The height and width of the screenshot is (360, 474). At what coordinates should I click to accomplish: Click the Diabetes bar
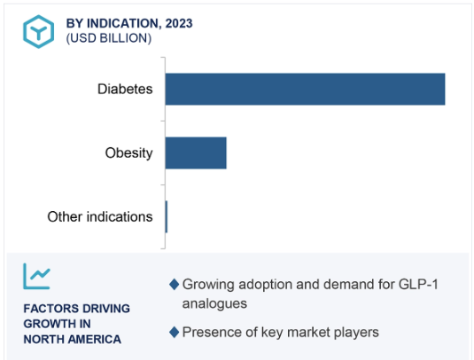[305, 90]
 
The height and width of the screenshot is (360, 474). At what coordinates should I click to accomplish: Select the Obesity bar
[196, 153]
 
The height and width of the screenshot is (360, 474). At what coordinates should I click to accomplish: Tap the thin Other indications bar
[167, 216]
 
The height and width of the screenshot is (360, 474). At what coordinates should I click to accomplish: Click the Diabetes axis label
[125, 89]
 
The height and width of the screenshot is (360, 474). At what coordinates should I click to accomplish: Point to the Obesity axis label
[128, 153]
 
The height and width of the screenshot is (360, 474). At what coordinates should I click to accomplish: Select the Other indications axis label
[100, 216]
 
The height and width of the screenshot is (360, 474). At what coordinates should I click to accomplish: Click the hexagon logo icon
[39, 31]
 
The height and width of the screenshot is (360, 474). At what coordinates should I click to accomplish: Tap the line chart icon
[36, 276]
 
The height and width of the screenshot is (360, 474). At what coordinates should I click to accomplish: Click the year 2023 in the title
[179, 23]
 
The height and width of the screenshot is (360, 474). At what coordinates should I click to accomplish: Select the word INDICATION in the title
[122, 23]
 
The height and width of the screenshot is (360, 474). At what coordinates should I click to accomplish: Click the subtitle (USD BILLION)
[109, 38]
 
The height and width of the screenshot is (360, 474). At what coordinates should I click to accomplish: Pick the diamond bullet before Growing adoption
[175, 284]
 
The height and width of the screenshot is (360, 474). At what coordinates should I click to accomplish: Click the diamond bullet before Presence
[175, 333]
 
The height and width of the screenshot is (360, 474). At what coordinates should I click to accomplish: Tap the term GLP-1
[418, 284]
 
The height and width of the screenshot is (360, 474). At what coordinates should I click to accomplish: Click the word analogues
[214, 303]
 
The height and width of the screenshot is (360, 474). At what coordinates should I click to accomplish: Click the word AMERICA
[95, 340]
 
